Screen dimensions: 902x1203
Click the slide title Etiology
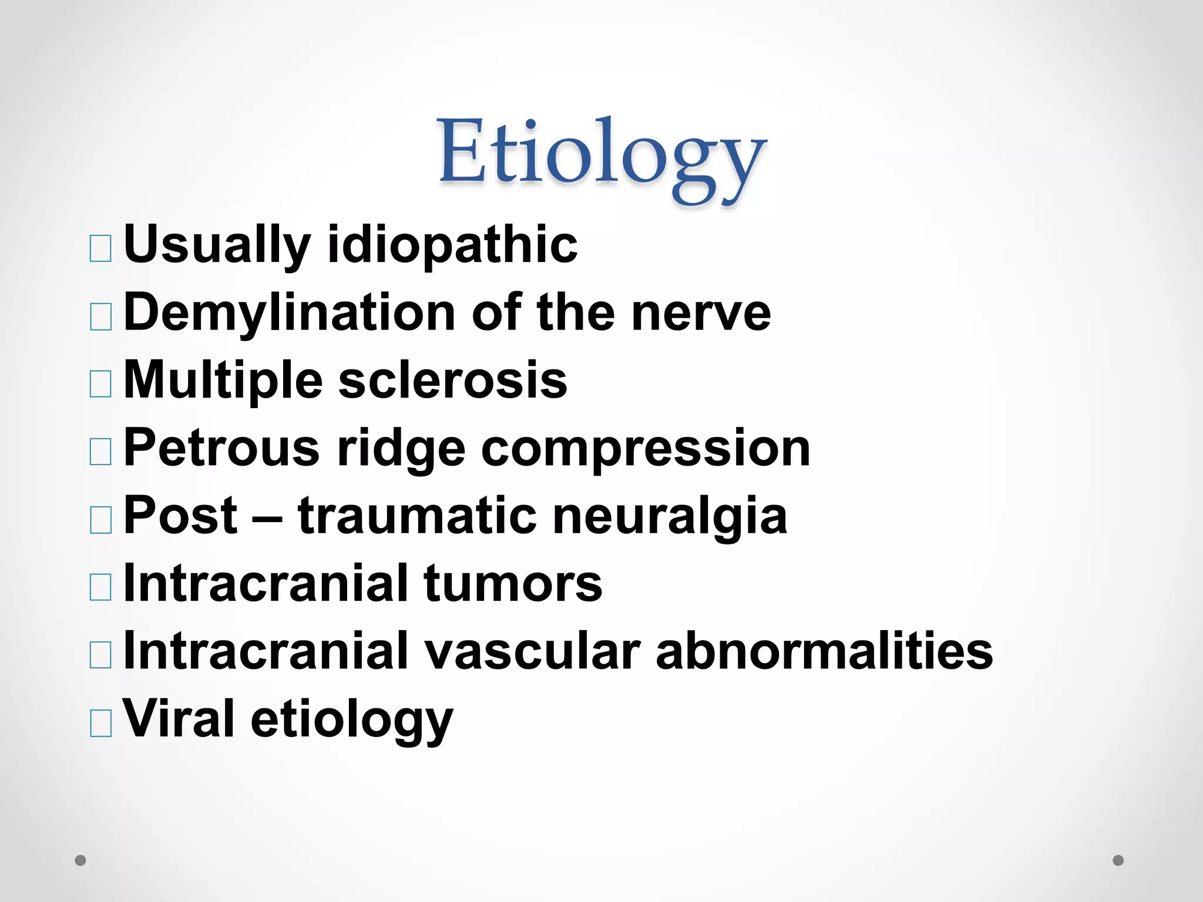[602, 156]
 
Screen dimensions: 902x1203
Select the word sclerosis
[453, 380]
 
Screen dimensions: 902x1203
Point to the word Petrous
[221, 447]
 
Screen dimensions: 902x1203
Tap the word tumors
[513, 583]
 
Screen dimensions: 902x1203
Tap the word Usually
[217, 245]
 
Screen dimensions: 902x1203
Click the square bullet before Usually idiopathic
[100, 249]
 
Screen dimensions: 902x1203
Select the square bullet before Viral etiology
[100, 723]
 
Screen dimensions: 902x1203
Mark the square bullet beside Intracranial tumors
[100, 587]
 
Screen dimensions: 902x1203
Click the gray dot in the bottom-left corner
[80, 860]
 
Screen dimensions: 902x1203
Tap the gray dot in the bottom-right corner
[1118, 860]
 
